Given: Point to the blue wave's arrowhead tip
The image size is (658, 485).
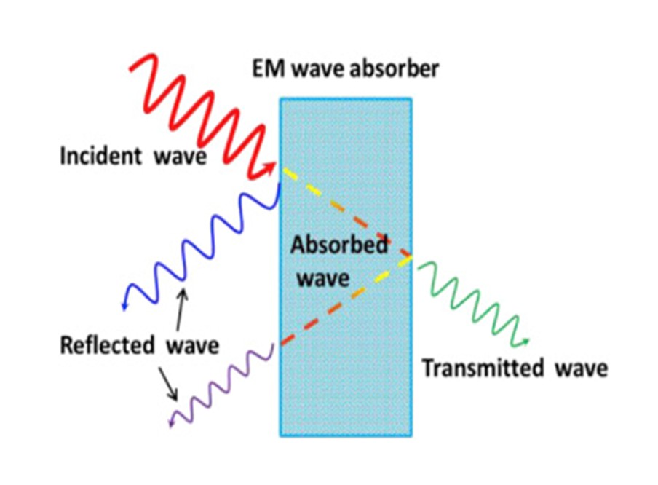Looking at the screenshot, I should click(x=124, y=309).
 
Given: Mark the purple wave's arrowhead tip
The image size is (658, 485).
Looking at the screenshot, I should click(x=170, y=424).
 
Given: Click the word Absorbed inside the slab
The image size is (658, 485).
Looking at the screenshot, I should click(x=339, y=245).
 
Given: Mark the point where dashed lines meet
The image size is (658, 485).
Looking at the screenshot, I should click(x=411, y=256).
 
